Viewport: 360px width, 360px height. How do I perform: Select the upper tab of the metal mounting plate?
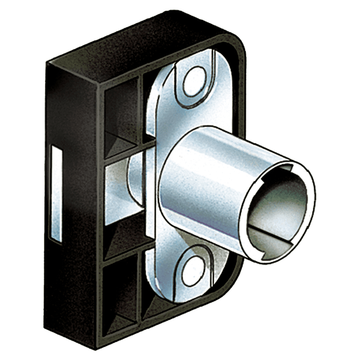[193, 90]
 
